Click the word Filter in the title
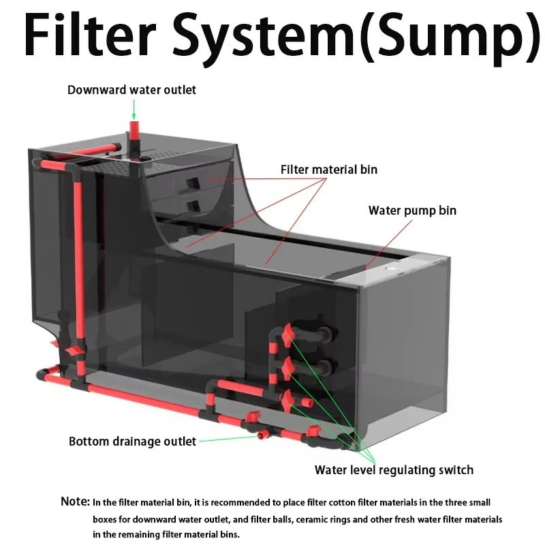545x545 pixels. click(90, 34)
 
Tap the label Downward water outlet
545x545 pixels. click(131, 90)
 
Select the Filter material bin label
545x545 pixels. click(329, 170)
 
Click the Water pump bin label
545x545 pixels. click(412, 211)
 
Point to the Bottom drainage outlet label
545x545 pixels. click(132, 441)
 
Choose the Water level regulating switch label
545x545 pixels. click(394, 470)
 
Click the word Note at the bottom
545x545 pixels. click(75, 501)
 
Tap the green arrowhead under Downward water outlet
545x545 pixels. click(134, 116)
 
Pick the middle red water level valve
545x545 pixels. click(287, 369)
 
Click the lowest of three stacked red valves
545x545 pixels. click(288, 401)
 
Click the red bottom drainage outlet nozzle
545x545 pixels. click(263, 434)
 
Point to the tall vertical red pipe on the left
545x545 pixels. click(78, 261)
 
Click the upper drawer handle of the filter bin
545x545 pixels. click(192, 183)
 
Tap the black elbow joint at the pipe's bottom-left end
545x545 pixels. click(42, 374)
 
